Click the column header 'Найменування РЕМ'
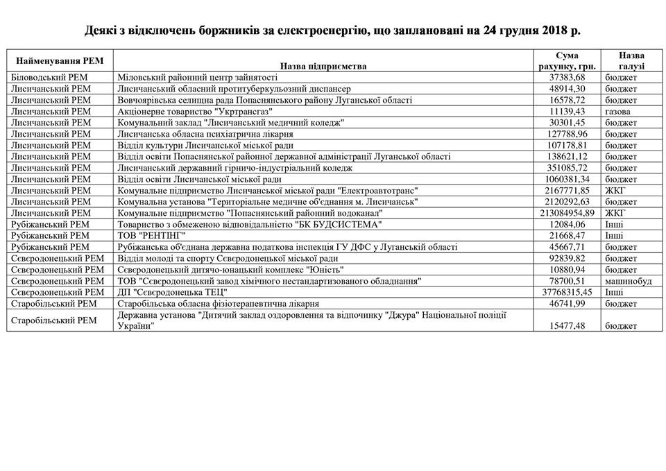pos(59,61)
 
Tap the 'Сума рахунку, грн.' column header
pos(566,61)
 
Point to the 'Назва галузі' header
pos(632,61)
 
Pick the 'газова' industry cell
pos(618,112)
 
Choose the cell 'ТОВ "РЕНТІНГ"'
pos(153,236)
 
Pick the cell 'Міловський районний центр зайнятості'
pos(198,78)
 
